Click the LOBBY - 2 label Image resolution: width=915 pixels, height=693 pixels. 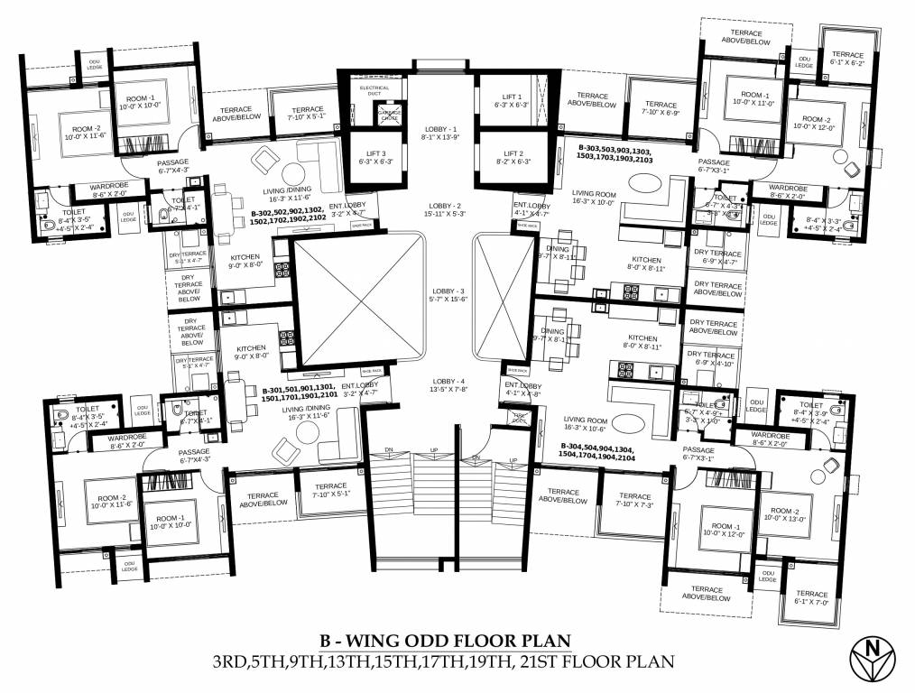click(x=440, y=210)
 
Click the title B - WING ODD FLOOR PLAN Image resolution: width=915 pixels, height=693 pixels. click(x=445, y=642)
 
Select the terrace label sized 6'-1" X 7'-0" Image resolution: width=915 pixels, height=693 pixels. click(x=811, y=597)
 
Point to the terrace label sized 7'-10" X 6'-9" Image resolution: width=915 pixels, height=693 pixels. click(x=661, y=109)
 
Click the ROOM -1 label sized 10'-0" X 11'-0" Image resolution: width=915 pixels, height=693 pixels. click(x=751, y=99)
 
